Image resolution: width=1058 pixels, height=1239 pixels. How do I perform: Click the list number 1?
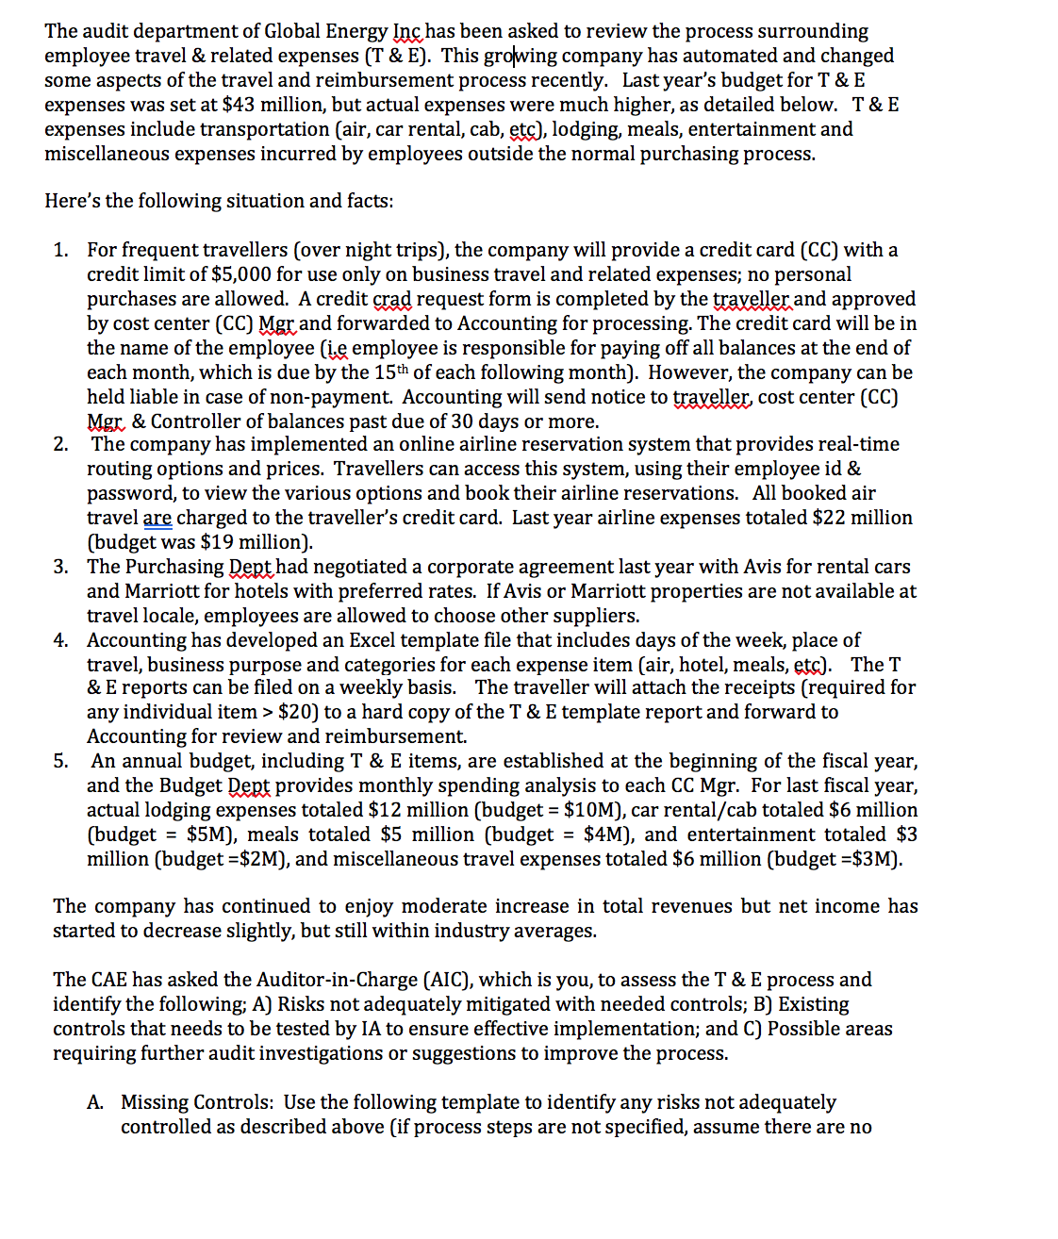click(60, 250)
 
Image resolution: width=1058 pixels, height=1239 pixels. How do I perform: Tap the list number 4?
click(60, 640)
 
